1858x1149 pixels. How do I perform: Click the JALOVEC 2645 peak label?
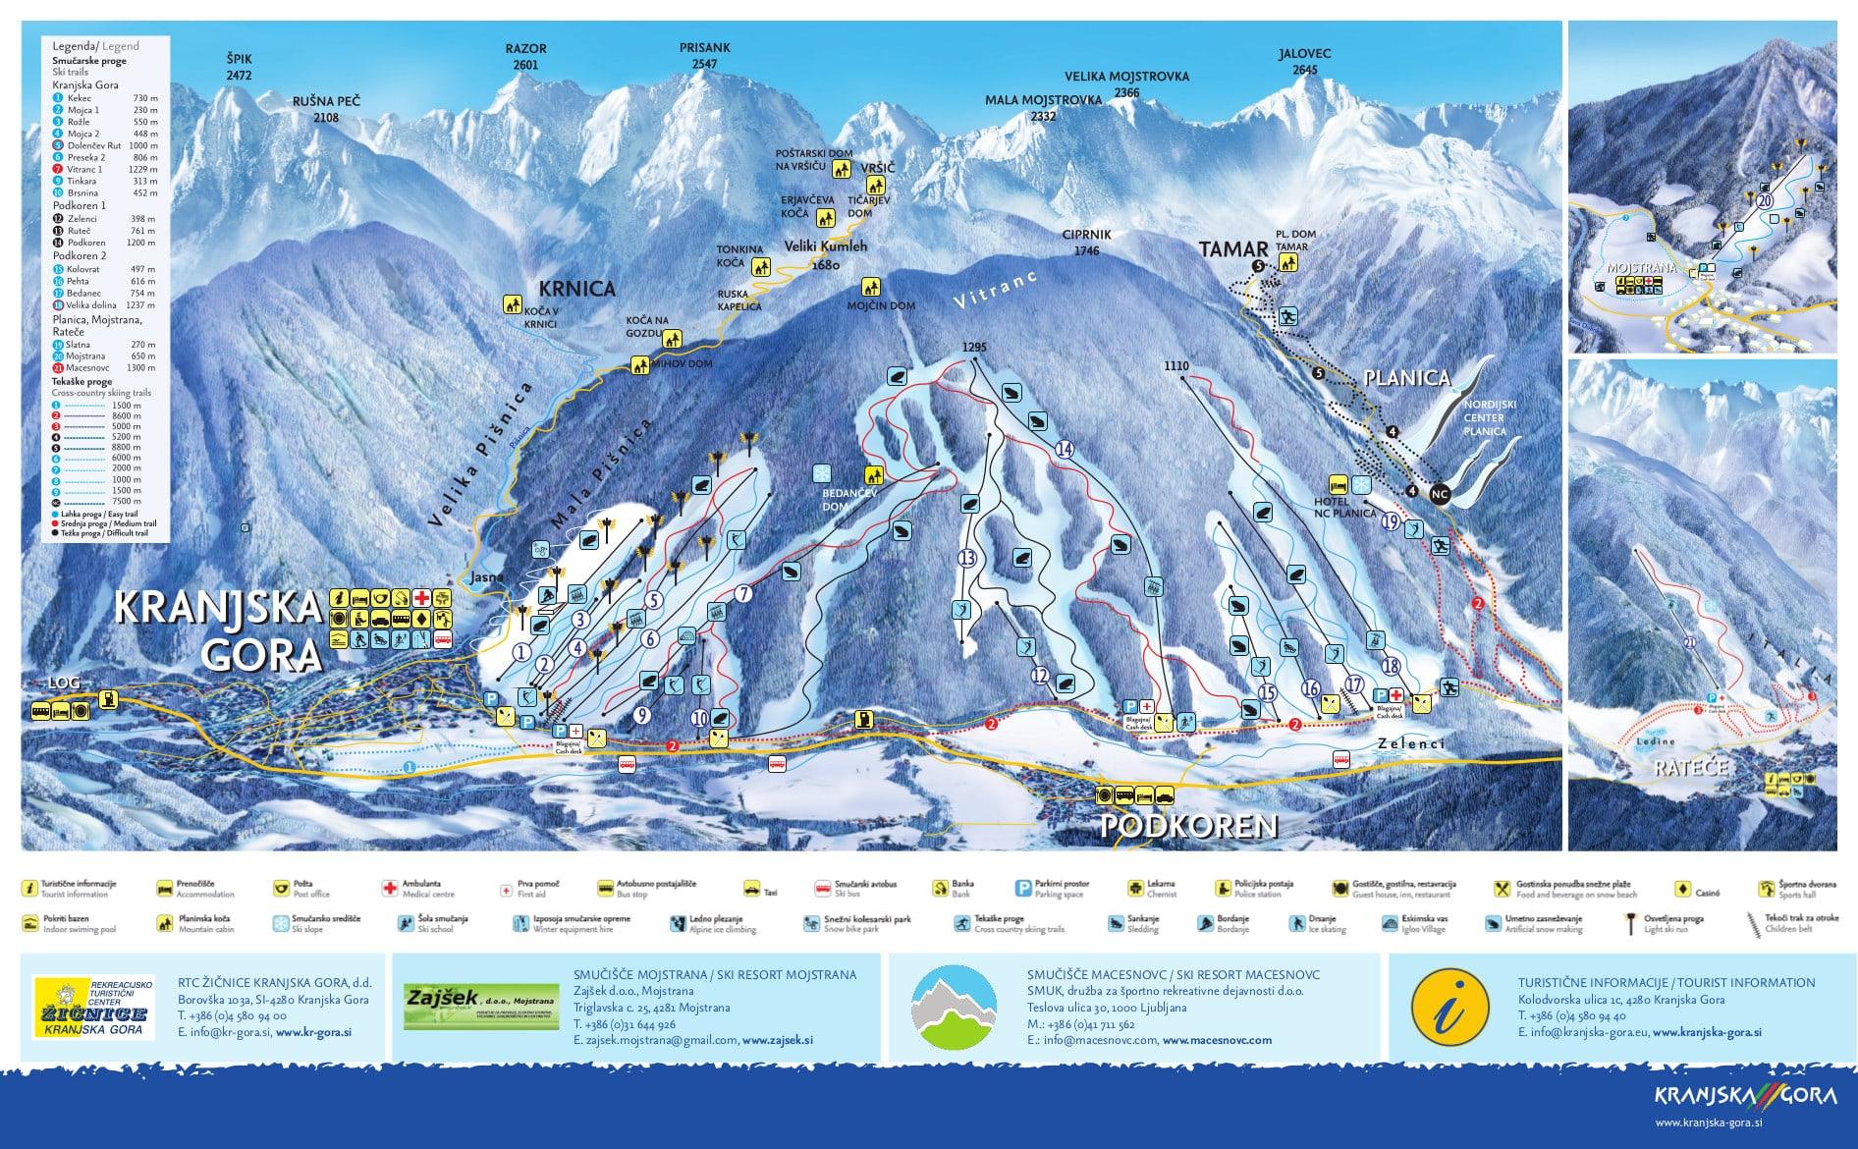[x=1304, y=62]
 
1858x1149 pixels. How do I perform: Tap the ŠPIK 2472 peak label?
[x=239, y=67]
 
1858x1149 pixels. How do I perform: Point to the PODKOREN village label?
[x=1188, y=825]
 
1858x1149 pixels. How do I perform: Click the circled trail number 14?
[x=1065, y=450]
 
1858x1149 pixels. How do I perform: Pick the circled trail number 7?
[x=743, y=593]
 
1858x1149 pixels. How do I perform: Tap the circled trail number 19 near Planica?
[x=1390, y=522]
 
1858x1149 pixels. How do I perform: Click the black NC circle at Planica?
[x=1440, y=495]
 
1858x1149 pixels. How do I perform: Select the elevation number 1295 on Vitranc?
[x=974, y=348]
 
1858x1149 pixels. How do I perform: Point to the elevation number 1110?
[x=1175, y=366]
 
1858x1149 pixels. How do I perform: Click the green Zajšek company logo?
[x=478, y=1007]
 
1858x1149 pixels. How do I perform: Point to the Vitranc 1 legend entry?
[x=84, y=170]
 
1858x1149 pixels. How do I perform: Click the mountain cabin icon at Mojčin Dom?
[x=870, y=287]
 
